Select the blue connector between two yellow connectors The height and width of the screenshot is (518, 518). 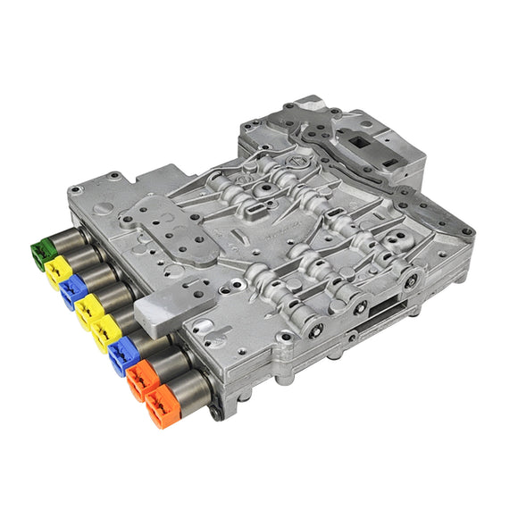coord(74,291)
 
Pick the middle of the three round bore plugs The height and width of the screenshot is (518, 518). coord(361,308)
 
